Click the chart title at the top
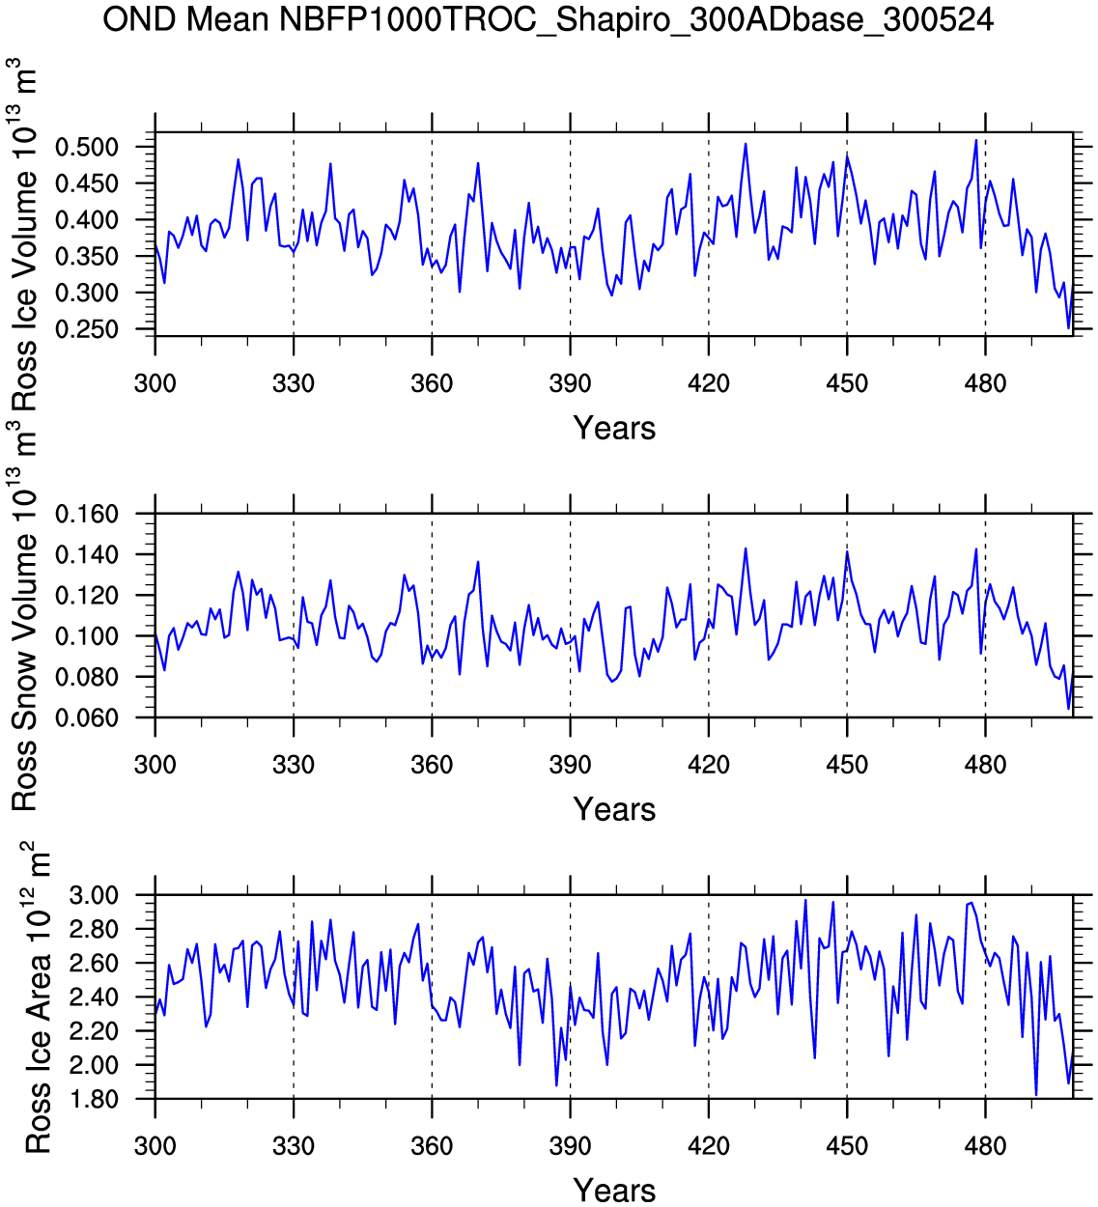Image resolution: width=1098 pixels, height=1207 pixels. point(548,18)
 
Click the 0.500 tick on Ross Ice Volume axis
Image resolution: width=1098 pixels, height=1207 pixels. point(87,147)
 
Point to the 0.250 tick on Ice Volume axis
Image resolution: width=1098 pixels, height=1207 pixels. point(87,329)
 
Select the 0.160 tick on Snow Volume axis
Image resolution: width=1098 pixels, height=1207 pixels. point(87,514)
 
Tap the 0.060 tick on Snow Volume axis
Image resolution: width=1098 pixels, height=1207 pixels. point(87,717)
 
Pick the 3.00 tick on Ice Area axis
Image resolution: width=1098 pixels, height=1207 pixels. point(94,895)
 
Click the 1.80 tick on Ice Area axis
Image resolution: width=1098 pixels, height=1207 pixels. point(94,1099)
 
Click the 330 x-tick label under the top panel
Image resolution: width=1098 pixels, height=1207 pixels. point(294,383)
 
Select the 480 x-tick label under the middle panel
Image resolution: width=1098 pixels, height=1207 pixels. point(985,765)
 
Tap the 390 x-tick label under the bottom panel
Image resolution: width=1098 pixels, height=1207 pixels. point(570,1146)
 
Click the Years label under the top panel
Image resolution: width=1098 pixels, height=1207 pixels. point(614,428)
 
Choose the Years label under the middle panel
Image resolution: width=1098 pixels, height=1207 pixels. point(614,809)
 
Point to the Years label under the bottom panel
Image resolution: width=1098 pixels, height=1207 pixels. point(614,1190)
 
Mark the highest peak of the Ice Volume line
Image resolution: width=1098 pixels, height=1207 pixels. point(976,140)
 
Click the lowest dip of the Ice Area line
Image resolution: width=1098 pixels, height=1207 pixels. point(1036,1095)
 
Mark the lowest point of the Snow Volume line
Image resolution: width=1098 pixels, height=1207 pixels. point(1068,709)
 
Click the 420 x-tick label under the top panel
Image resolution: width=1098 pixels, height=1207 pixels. point(709,383)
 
